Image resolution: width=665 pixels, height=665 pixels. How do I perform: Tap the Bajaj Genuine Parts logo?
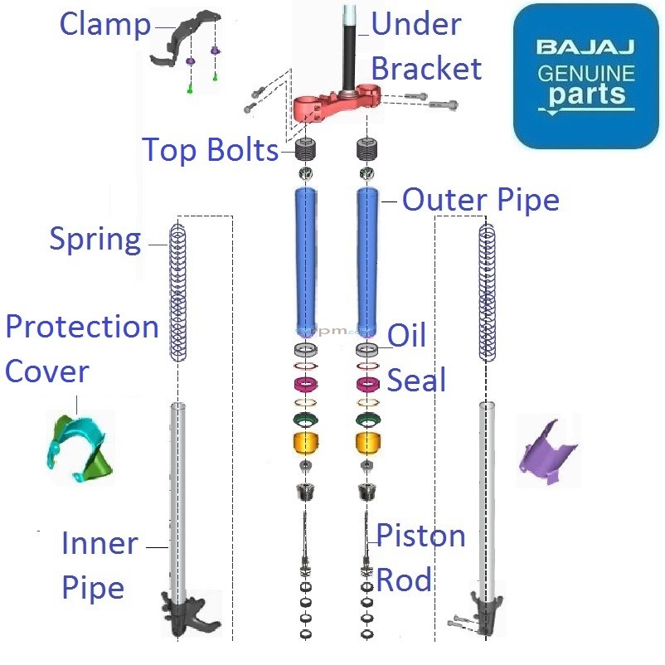pyautogui.click(x=585, y=76)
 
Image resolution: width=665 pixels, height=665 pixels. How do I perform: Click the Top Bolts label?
pyautogui.click(x=211, y=151)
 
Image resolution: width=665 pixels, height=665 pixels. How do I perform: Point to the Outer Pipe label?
pyautogui.click(x=481, y=200)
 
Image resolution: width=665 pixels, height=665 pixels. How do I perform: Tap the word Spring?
pyautogui.click(x=95, y=240)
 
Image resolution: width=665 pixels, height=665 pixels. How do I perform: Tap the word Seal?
pyautogui.click(x=417, y=381)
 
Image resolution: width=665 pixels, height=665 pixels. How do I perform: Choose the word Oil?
pyautogui.click(x=407, y=336)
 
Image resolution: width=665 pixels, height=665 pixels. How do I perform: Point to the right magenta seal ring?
pyautogui.click(x=367, y=384)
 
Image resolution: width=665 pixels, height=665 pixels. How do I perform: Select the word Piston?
pyautogui.click(x=420, y=536)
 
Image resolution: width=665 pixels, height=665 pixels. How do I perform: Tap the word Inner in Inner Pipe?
pyautogui.click(x=100, y=545)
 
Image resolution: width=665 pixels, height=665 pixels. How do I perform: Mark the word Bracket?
pyautogui.click(x=426, y=68)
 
